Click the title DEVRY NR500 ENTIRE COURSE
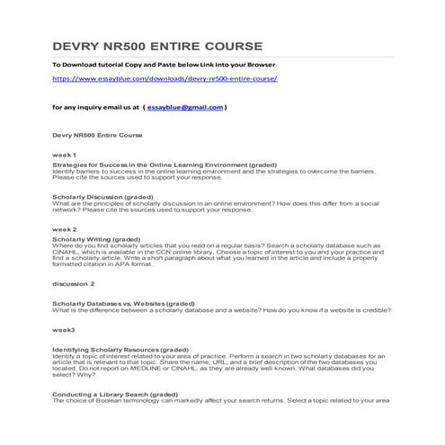(157, 45)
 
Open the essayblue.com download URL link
(165, 79)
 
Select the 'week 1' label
(65, 155)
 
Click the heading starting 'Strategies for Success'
(151, 165)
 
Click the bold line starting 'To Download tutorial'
(164, 66)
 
